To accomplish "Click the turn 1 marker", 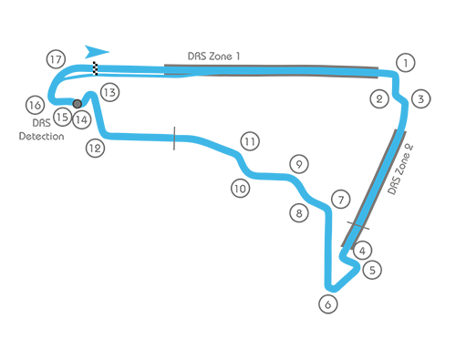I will pyautogui.click(x=406, y=64).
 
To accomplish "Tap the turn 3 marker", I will pyautogui.click(x=420, y=98).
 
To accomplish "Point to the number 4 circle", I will pyautogui.click(x=362, y=250).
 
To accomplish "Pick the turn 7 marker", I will pyautogui.click(x=340, y=199).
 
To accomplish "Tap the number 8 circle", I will pyautogui.click(x=297, y=213).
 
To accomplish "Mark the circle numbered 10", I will pyautogui.click(x=239, y=189).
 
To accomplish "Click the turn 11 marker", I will pyautogui.click(x=249, y=141).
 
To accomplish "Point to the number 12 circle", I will pyautogui.click(x=95, y=148).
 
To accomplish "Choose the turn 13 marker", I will pyautogui.click(x=109, y=92).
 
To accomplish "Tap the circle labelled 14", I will pyautogui.click(x=81, y=118).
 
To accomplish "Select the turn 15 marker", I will pyautogui.click(x=62, y=117).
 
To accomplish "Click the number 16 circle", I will pyautogui.click(x=36, y=106).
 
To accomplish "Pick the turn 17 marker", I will pyautogui.click(x=56, y=60).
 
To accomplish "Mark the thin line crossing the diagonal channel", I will pyautogui.click(x=358, y=221).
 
